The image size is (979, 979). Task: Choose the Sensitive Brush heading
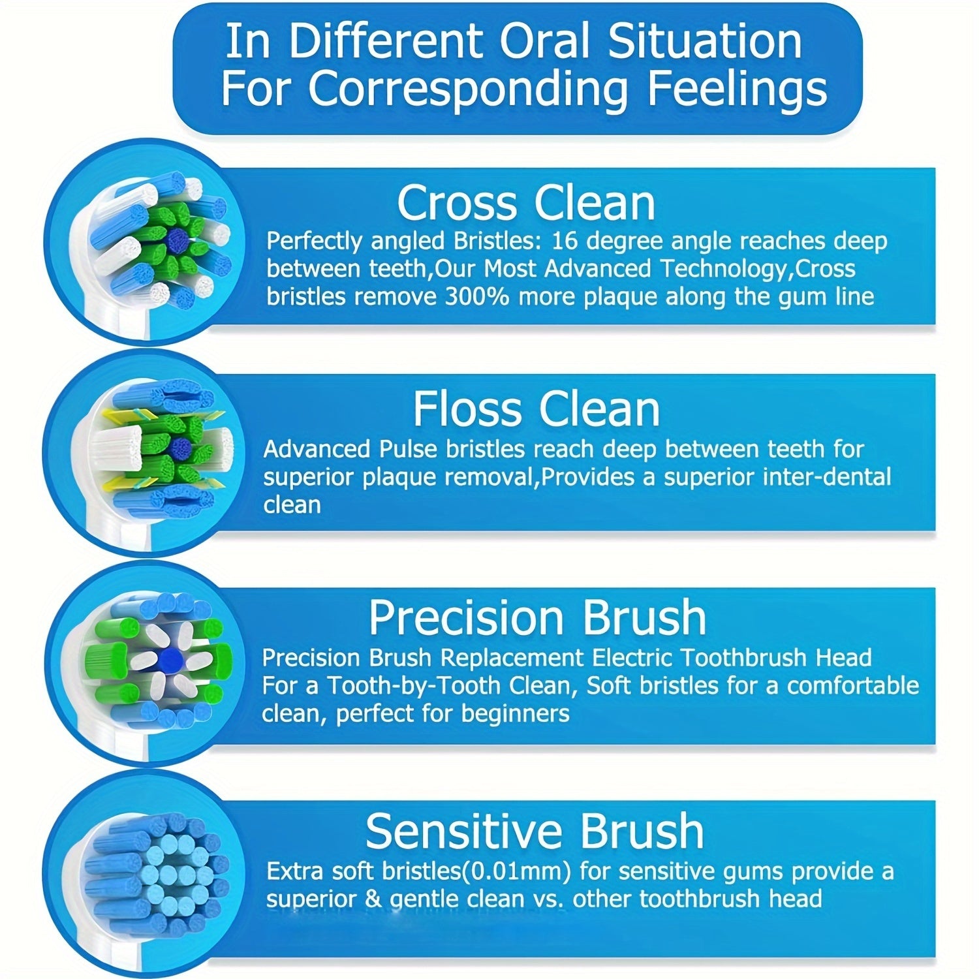point(535,831)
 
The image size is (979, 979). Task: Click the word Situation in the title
point(705,41)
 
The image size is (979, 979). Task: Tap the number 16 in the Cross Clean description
point(563,241)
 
